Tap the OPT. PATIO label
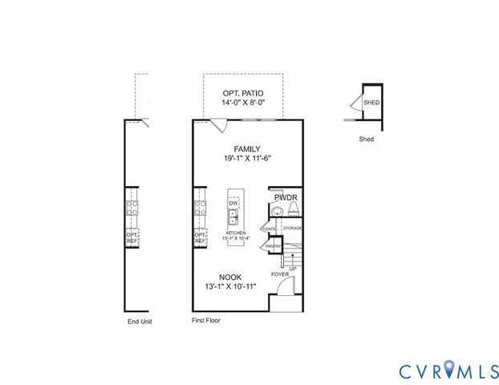coord(243,94)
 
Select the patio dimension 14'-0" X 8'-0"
coord(243,103)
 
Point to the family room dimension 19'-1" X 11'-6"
coord(248,159)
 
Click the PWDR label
coord(286,197)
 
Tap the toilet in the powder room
coord(294,210)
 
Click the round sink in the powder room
coord(277,211)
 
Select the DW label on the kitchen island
coord(233,204)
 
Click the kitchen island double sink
coord(233,217)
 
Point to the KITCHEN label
coord(236,233)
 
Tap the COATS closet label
coord(270,229)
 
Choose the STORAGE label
coord(292,229)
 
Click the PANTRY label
coord(273,246)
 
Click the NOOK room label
coord(230,277)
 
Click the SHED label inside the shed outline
coord(371,103)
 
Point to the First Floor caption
coord(205,320)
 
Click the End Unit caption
coord(140,322)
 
